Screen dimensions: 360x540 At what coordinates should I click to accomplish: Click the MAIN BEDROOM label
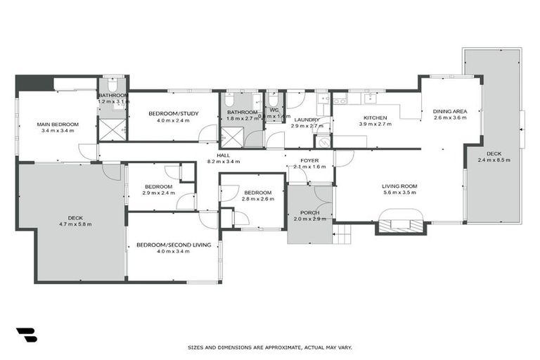58,124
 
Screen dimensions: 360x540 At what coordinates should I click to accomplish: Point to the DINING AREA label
447,111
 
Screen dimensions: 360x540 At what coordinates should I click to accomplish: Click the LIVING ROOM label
400,186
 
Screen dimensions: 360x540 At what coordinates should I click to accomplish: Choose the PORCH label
309,212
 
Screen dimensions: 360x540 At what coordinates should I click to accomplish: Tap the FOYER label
309,161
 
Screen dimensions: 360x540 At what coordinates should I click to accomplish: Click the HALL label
224,155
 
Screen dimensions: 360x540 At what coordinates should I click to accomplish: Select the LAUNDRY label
307,120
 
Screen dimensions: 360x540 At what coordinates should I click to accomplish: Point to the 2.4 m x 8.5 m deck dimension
494,160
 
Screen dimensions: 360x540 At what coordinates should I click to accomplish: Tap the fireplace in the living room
401,225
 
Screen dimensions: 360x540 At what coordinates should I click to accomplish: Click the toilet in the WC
273,101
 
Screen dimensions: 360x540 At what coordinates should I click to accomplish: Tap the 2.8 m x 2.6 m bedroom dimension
258,200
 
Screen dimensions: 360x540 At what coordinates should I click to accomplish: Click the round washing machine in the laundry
323,142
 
